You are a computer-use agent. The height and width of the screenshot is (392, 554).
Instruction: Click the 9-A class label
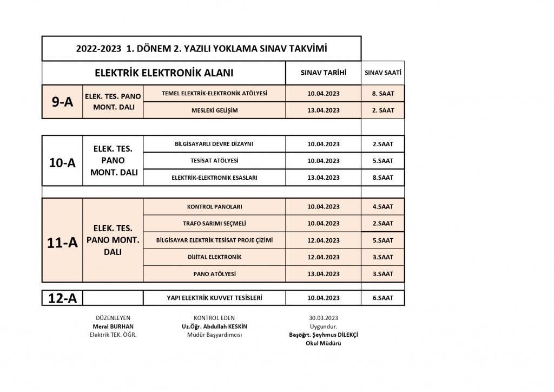tap(62, 101)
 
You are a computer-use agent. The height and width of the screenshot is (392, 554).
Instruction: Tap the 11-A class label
tap(62, 243)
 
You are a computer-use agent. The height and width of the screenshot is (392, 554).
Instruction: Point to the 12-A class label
tap(62, 298)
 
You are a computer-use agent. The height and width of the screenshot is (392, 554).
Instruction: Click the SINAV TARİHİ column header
tap(323, 73)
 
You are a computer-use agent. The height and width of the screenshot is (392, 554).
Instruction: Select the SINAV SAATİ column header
tap(382, 73)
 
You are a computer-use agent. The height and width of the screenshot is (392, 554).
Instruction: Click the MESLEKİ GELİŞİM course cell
tap(214, 110)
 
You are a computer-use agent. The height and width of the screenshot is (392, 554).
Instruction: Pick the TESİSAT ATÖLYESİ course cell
tap(214, 161)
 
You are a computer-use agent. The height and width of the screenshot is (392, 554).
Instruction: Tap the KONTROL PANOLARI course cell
tap(214, 207)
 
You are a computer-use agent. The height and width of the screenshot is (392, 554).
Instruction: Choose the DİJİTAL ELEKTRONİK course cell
tap(214, 257)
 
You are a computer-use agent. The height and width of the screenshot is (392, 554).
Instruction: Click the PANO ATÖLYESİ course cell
tap(214, 274)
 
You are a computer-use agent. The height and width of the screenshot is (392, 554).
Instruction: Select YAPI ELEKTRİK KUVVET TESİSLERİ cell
tap(214, 298)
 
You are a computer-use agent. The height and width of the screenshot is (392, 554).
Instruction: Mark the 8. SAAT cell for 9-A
tap(382, 94)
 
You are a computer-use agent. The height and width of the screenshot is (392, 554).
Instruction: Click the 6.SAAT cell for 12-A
tap(382, 298)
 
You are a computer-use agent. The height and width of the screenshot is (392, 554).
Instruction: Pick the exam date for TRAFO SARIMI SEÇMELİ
tap(323, 224)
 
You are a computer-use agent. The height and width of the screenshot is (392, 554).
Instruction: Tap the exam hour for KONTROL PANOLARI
tap(382, 207)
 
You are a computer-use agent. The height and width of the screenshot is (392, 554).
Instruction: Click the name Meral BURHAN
tap(113, 326)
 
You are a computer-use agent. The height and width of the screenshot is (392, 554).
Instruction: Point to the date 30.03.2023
tap(323, 318)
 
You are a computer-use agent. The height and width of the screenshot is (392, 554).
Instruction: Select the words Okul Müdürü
tap(323, 343)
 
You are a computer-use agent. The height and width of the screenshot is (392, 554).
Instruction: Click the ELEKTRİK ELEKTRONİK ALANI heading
tap(163, 73)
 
